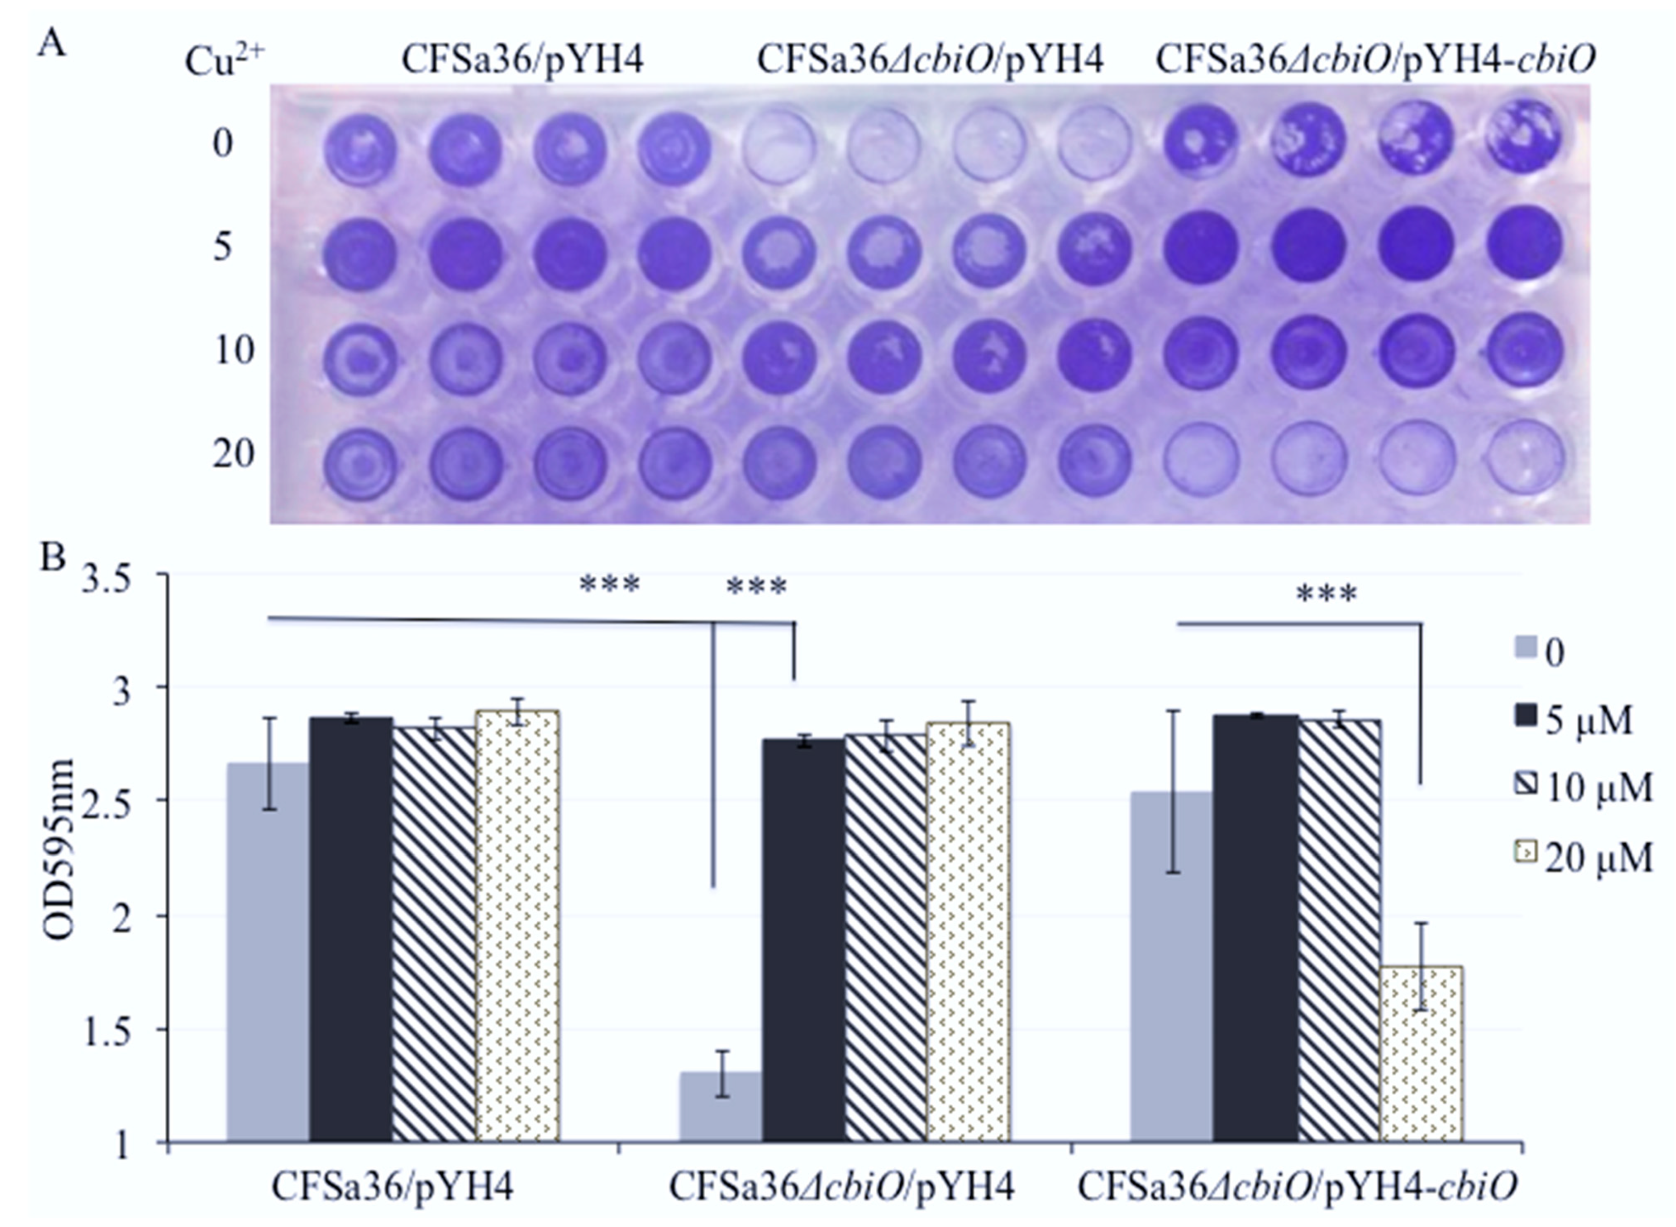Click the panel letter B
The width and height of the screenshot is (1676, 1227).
click(53, 558)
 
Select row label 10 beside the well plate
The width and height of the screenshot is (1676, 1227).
click(233, 350)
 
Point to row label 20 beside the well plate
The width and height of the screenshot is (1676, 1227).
click(233, 454)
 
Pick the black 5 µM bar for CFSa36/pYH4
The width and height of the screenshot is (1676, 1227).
click(351, 929)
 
